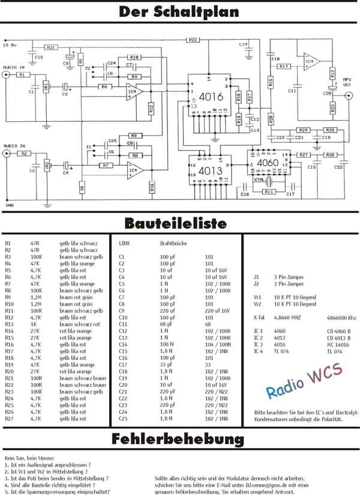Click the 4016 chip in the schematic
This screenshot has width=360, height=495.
[211, 96]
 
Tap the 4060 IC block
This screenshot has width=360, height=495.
[268, 162]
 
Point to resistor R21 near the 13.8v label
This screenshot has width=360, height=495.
[52, 47]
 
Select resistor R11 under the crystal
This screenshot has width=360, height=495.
[271, 192]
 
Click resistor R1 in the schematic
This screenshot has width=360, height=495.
[22, 75]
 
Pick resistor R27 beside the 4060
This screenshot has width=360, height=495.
[304, 155]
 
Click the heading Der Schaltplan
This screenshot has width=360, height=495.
[179, 12]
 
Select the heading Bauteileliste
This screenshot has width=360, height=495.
[175, 223]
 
